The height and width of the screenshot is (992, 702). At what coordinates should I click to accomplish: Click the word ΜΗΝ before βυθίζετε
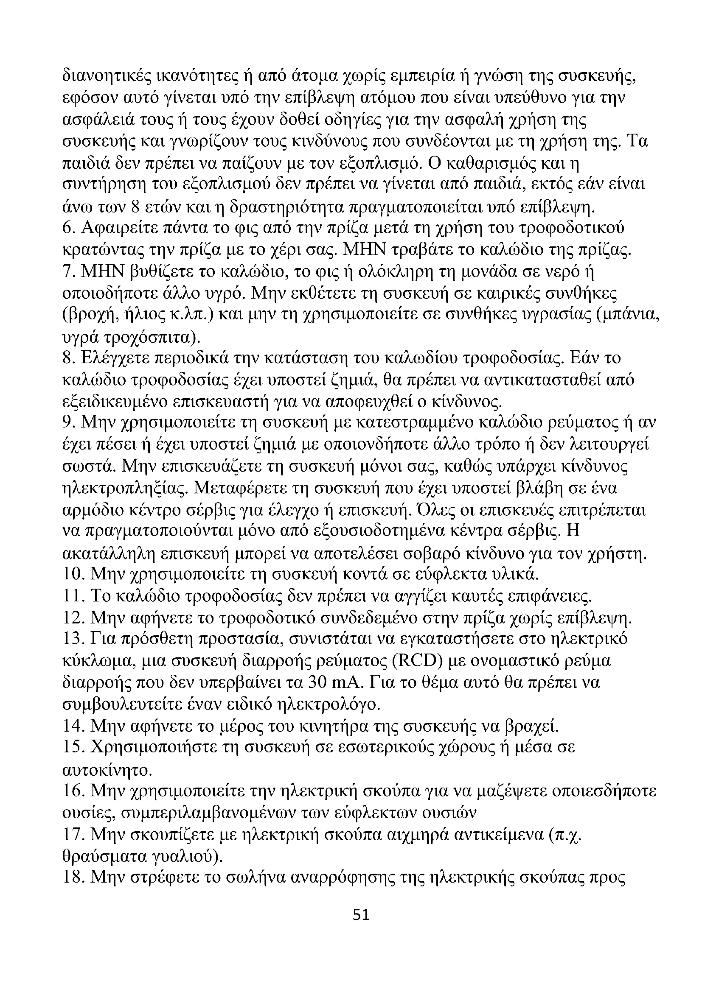[104, 272]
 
